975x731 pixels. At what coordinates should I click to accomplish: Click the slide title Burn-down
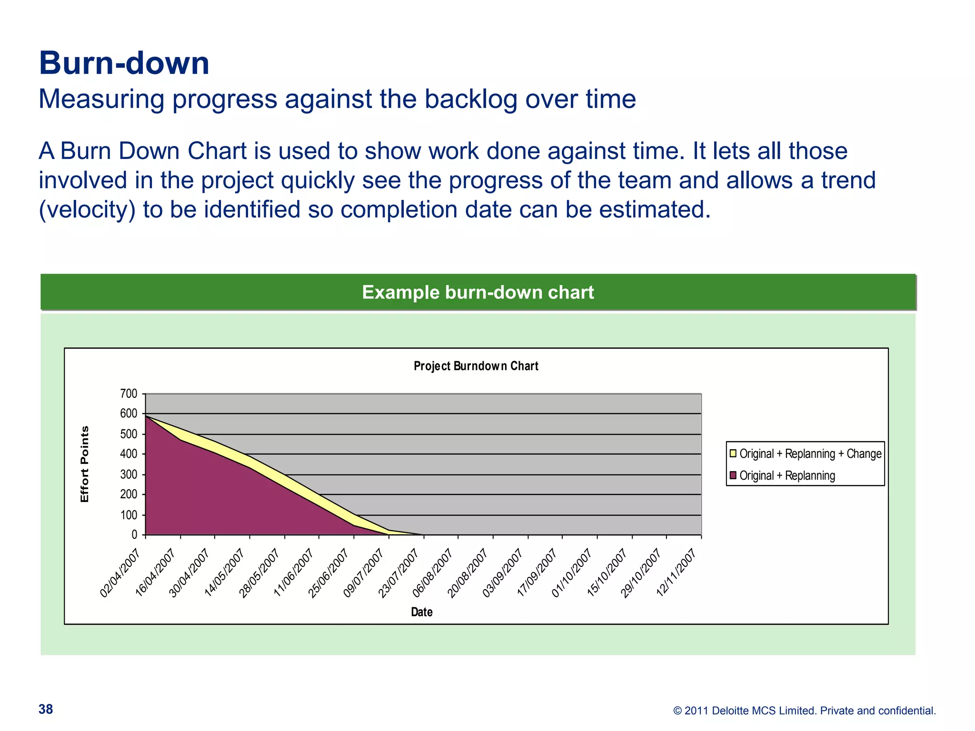[x=124, y=63]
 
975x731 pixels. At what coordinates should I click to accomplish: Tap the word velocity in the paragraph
[x=87, y=209]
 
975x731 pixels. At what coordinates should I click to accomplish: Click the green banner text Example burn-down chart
[x=478, y=292]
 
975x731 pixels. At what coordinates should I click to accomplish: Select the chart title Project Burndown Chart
[x=476, y=366]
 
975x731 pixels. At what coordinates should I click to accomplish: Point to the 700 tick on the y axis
[x=129, y=394]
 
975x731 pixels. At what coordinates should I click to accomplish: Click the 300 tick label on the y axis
[x=129, y=474]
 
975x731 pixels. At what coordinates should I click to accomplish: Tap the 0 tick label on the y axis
[x=134, y=535]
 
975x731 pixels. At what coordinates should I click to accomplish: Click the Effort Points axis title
[x=85, y=464]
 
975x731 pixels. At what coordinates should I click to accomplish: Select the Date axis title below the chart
[x=421, y=612]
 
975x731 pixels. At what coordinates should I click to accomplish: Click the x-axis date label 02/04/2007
[x=120, y=573]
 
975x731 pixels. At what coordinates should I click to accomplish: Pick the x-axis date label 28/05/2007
[x=259, y=573]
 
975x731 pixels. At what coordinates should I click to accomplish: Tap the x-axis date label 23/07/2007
[x=398, y=573]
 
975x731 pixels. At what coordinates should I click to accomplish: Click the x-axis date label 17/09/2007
[x=537, y=573]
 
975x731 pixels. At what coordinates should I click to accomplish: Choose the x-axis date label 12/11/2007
[x=676, y=573]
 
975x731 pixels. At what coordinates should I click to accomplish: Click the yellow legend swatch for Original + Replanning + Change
[x=733, y=453]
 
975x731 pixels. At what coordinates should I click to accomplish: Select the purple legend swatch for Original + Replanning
[x=733, y=475]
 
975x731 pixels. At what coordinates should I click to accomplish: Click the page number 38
[x=46, y=709]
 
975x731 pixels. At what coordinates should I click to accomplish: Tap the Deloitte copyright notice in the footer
[x=804, y=711]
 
